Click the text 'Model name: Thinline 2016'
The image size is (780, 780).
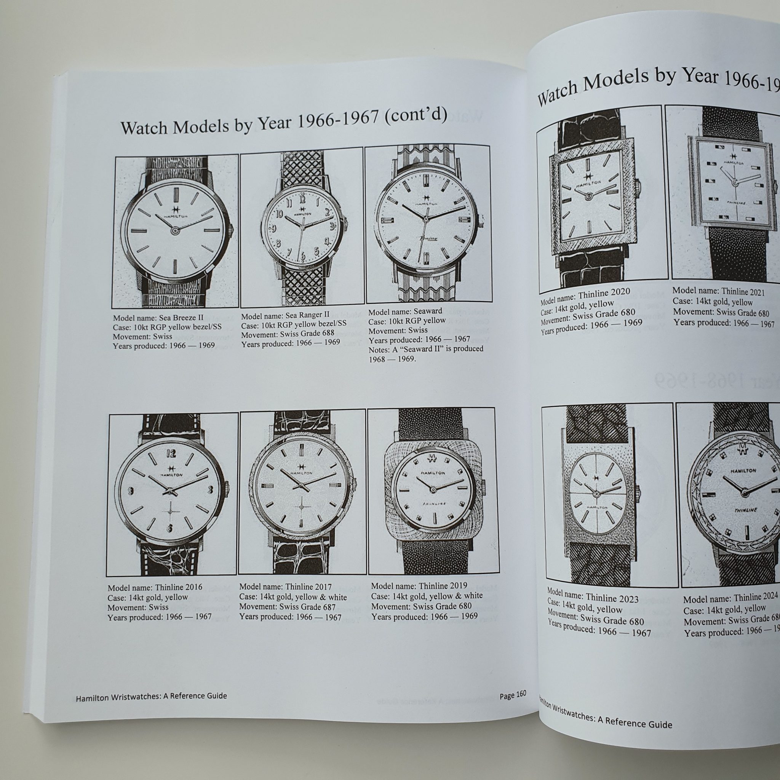point(155,587)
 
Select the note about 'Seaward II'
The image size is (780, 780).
point(425,353)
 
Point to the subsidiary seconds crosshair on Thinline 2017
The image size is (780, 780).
point(301,506)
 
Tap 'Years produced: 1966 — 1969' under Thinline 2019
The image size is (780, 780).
point(424,617)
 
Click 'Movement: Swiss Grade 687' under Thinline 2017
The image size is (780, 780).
point(287,607)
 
